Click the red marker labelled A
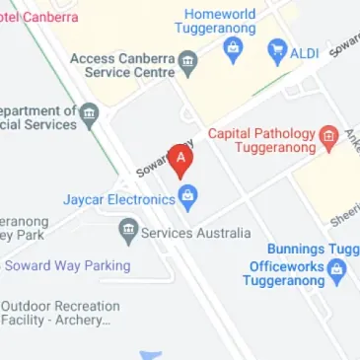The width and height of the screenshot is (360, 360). [x=180, y=159]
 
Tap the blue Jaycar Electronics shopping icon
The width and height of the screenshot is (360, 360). [x=187, y=198]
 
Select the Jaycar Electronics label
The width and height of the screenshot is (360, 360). [x=118, y=199]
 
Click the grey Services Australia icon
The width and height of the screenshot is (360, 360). [x=127, y=233]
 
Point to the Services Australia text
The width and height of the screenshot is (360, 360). [x=195, y=234]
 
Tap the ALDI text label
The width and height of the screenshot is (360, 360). [x=305, y=53]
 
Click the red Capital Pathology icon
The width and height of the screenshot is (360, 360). [x=329, y=135]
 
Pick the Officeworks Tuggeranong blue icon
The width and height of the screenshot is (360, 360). [x=338, y=268]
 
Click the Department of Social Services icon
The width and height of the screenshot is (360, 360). [x=89, y=115]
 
